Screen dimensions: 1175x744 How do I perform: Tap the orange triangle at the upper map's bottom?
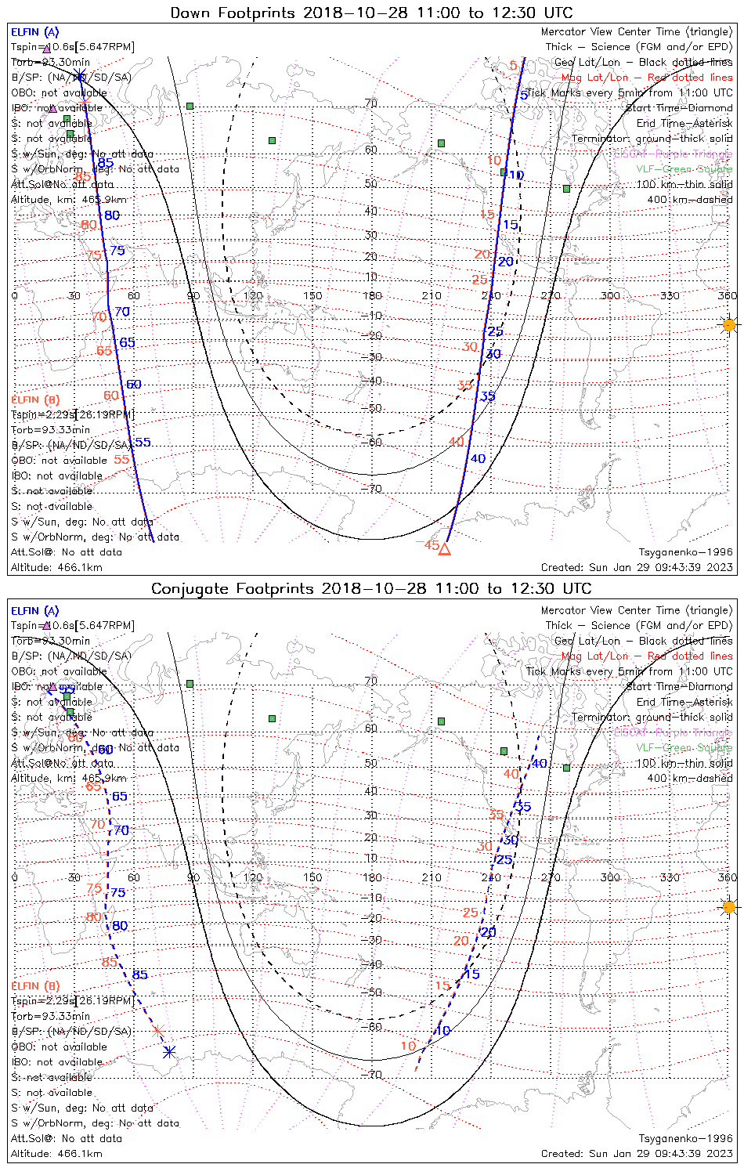tap(444, 548)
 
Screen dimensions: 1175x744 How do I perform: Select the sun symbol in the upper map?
tap(729, 324)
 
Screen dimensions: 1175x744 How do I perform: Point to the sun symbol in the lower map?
tap(729, 907)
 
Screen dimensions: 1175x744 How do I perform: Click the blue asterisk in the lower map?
tap(168, 1052)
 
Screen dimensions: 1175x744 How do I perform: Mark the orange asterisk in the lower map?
tap(157, 1030)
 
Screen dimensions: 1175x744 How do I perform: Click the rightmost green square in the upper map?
tap(566, 188)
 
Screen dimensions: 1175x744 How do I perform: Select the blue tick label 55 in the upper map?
tap(142, 443)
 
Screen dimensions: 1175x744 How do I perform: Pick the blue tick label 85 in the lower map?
tap(139, 975)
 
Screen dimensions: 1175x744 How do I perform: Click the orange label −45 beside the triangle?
tap(430, 544)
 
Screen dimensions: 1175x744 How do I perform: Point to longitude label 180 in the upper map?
tap(372, 295)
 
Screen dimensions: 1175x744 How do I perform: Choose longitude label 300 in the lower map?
tap(610, 877)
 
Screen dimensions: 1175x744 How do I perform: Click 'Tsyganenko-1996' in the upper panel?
tap(685, 552)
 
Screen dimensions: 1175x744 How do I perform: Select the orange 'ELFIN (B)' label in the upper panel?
tap(35, 399)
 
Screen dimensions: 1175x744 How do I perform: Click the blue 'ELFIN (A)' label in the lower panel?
tap(35, 610)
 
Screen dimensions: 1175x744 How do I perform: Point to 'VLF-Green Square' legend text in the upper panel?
tap(684, 169)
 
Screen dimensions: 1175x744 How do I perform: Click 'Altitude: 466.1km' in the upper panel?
tap(56, 567)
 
